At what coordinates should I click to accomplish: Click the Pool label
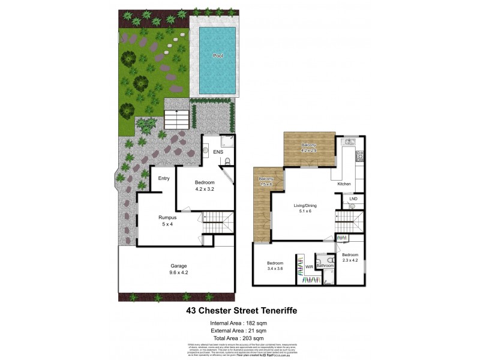coord(218,56)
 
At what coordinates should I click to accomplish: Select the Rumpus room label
coord(167,217)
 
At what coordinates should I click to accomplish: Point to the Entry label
coord(164,178)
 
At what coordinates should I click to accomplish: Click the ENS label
coord(218,152)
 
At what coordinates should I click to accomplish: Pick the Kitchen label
coord(344,184)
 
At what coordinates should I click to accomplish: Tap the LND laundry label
coord(353,198)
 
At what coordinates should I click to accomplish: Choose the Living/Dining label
coord(306,206)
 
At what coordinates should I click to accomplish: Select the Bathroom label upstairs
coord(325,265)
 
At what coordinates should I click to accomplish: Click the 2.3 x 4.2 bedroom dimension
coord(350,260)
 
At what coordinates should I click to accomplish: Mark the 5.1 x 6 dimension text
coord(306,212)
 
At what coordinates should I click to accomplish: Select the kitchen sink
coord(349,143)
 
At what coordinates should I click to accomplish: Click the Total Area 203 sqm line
coord(238,338)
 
